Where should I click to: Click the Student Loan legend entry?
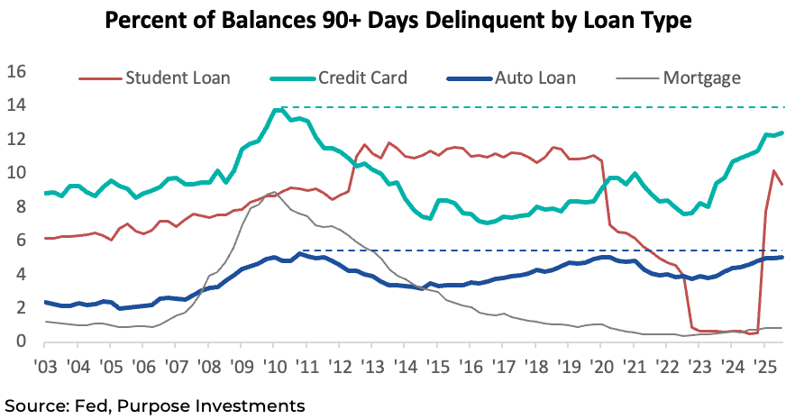tap(178, 77)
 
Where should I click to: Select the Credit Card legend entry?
tap(362, 77)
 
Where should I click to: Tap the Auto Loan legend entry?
tap(530, 77)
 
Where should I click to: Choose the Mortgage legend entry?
tap(701, 77)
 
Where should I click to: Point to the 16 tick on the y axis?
tap(18, 72)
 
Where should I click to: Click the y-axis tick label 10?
tap(18, 173)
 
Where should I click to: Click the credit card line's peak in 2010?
tap(278, 109)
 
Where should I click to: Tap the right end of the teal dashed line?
tap(781, 107)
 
